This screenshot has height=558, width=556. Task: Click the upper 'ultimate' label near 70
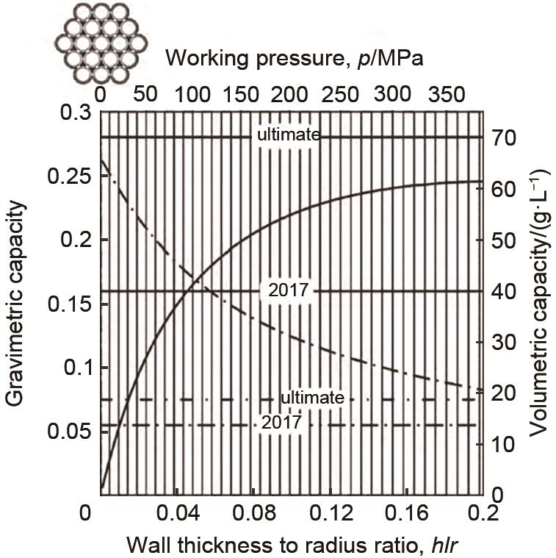(x=288, y=135)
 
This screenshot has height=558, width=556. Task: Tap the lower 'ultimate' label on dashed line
(x=312, y=398)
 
